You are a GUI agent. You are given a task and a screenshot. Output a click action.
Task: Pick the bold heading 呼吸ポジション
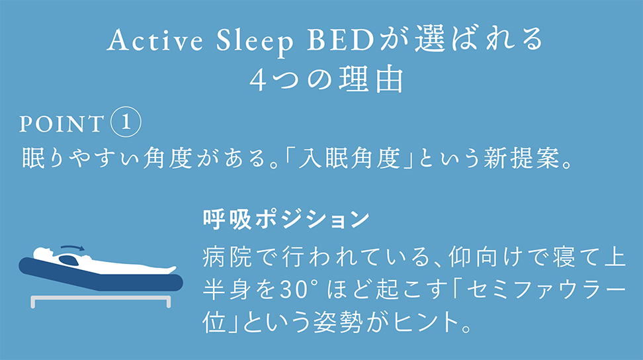coord(285,219)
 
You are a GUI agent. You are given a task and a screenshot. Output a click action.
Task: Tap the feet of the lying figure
coord(170,270)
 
